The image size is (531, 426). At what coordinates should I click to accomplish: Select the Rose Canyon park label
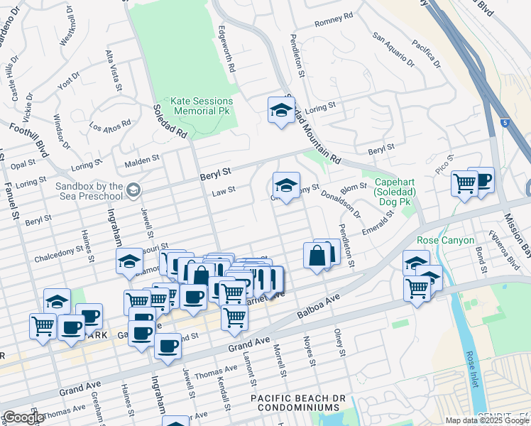click(445, 241)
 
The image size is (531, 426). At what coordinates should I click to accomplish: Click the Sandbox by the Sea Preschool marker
click(133, 190)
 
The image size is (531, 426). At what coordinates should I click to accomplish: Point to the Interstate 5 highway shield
click(503, 123)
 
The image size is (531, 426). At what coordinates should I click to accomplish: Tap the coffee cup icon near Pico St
click(481, 180)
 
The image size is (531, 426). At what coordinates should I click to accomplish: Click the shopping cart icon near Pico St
click(464, 184)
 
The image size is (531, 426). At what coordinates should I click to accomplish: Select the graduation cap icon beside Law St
click(285, 186)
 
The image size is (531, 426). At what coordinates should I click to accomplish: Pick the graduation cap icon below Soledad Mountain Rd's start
click(281, 110)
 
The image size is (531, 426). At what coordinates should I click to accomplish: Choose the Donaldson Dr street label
click(340, 202)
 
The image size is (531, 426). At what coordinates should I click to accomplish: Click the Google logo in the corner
click(23, 417)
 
